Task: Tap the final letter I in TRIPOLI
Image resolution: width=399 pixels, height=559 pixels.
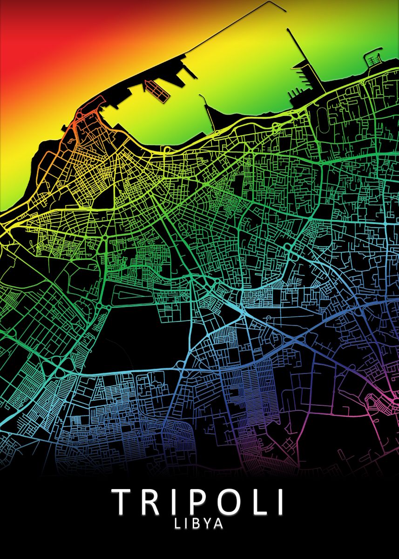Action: point(279,501)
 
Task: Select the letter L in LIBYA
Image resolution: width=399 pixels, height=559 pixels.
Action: point(178,524)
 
